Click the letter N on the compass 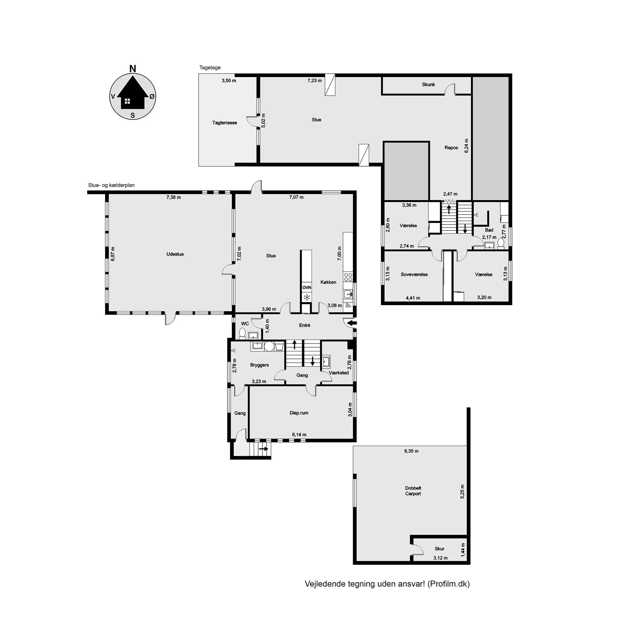[133, 69]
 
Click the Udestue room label [175, 254]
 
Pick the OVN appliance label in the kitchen [306, 287]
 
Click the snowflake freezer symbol [307, 298]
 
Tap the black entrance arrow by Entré [352, 323]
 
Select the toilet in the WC [242, 333]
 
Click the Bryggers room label [259, 365]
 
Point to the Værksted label [339, 373]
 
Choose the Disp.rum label [299, 413]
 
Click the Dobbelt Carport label [413, 491]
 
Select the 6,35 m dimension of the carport [411, 451]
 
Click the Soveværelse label [414, 274]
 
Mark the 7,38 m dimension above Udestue [174, 197]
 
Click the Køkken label [328, 282]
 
